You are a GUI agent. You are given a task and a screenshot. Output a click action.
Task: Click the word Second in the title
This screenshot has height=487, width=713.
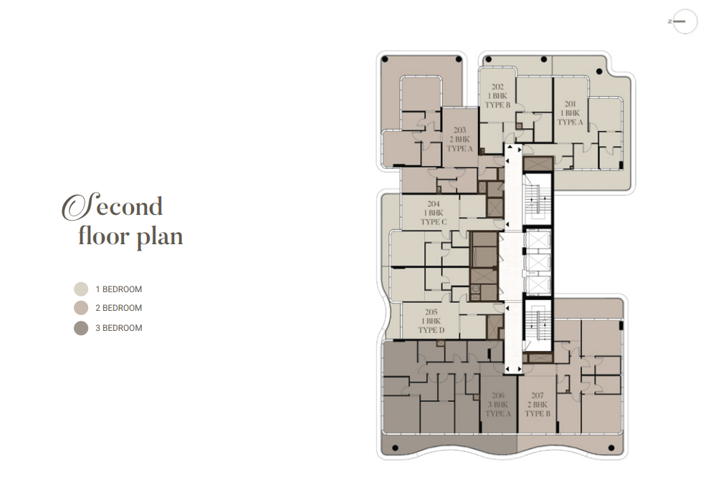click(113, 206)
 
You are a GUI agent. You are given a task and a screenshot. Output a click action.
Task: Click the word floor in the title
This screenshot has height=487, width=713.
click(104, 236)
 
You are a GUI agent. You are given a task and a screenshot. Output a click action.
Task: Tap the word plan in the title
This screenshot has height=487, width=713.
click(159, 238)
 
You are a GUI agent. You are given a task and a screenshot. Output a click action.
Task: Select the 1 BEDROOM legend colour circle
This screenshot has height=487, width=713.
click(81, 289)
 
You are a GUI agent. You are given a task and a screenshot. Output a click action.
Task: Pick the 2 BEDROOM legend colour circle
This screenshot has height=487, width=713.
click(81, 308)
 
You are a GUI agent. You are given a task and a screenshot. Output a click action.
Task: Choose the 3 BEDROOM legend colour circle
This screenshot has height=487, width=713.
click(81, 328)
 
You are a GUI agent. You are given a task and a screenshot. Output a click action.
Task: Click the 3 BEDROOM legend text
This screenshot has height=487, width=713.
click(119, 328)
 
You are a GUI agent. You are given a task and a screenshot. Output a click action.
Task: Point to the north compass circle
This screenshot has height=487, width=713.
click(685, 21)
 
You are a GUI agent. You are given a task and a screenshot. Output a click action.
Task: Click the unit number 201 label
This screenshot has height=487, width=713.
click(570, 104)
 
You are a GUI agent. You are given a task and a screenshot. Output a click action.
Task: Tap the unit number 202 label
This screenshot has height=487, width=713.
click(497, 87)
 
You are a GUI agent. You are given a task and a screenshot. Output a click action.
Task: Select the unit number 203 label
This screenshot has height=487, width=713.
click(460, 130)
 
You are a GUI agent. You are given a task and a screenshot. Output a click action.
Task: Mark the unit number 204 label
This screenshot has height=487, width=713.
click(434, 204)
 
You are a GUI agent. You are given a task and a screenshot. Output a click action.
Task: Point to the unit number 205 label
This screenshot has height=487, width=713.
click(431, 312)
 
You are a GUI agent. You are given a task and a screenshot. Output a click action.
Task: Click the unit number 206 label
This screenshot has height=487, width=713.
click(498, 395)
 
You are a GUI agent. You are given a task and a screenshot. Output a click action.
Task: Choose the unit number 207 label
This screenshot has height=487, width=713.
click(537, 395)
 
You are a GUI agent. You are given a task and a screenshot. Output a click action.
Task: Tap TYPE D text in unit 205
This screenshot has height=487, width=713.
click(431, 330)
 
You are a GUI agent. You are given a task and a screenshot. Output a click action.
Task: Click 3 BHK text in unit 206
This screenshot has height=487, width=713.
click(498, 405)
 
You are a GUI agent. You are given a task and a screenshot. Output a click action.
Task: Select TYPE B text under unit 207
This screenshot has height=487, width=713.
click(537, 414)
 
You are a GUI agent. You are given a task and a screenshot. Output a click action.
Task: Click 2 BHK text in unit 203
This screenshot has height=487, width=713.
click(460, 140)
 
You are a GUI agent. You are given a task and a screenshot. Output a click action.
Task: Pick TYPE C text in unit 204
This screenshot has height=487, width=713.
click(434, 222)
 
